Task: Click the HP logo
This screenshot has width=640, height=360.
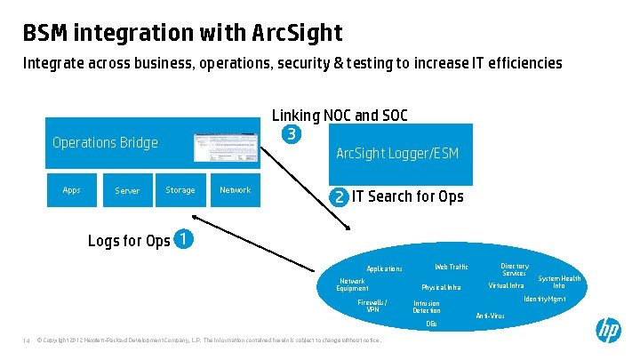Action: point(608,332)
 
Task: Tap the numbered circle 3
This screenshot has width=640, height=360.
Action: point(290,135)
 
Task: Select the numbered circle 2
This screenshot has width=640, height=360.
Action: point(339,196)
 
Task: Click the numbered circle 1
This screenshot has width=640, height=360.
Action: point(181,239)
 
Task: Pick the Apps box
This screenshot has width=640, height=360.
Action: point(72,190)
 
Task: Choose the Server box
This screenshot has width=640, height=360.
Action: point(127,190)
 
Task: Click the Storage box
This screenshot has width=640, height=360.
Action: point(180,190)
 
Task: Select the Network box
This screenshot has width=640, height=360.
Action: point(235,190)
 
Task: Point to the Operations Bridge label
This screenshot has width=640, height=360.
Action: point(105,142)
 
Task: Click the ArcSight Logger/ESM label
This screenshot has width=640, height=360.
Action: point(397,154)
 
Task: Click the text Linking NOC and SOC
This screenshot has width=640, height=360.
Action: point(340,116)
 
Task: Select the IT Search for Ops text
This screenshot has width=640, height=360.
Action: point(408,196)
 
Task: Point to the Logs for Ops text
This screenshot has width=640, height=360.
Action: point(129,241)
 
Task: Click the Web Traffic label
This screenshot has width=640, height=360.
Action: point(451,267)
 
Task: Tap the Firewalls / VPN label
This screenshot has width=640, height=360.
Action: point(372,306)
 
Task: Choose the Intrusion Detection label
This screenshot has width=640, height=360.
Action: point(427,307)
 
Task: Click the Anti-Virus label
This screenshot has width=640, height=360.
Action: point(490,316)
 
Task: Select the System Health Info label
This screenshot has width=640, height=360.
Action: point(559,282)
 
